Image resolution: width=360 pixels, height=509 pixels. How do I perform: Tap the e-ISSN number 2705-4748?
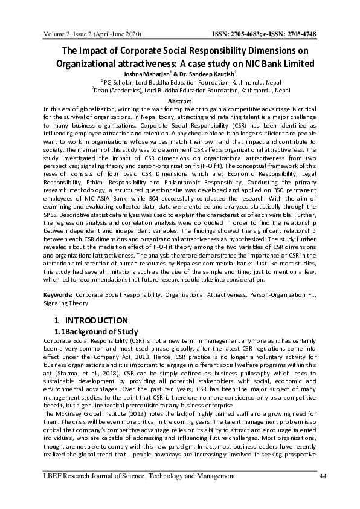(300, 33)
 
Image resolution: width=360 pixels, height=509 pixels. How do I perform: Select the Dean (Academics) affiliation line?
(179, 91)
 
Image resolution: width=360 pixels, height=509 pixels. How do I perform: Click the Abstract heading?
(179, 100)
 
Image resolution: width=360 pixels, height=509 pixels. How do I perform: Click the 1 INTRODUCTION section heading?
(91, 320)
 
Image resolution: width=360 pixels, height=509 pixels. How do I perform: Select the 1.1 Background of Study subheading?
(96, 332)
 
